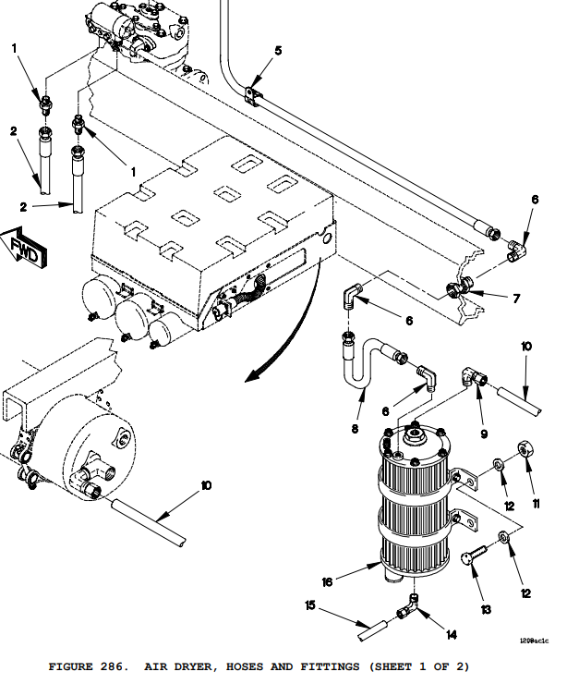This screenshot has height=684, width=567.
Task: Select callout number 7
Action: click(516, 299)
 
